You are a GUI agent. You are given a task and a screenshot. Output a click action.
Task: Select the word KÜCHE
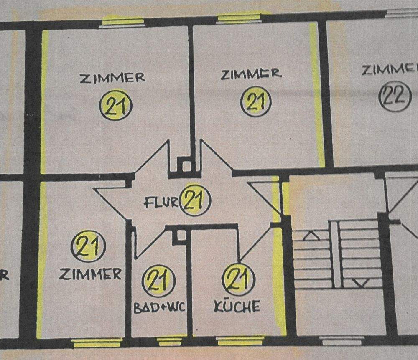237,307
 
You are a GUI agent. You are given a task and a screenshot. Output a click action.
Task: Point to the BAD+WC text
159,308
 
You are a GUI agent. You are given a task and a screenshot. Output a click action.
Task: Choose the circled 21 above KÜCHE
239,279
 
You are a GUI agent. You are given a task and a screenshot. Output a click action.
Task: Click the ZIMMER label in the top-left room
112,78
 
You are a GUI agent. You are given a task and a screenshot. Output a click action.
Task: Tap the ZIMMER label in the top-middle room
251,75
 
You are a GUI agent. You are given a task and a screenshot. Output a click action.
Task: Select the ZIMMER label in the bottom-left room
90,274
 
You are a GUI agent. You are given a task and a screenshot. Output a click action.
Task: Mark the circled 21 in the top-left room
116,105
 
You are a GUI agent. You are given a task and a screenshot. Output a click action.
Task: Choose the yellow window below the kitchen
241,341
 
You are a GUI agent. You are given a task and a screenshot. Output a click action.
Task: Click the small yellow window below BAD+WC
172,341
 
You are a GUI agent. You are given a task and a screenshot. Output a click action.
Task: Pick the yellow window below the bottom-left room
97,343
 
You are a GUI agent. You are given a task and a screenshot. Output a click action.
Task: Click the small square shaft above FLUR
184,165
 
